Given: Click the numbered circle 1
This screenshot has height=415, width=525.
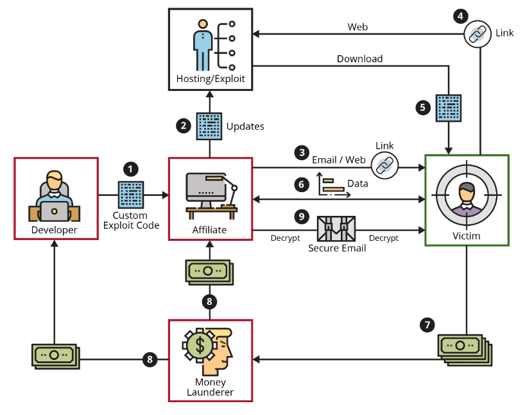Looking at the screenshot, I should pyautogui.click(x=130, y=169).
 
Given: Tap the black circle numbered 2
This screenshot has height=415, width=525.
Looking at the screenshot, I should pyautogui.click(x=184, y=126).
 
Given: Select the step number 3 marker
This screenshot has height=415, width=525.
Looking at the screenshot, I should pyautogui.click(x=302, y=152).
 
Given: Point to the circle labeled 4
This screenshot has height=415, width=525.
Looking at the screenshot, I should pyautogui.click(x=460, y=15).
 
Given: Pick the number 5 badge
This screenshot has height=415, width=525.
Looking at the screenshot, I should pyautogui.click(x=422, y=107).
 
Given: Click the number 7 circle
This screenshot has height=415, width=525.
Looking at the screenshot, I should pyautogui.click(x=428, y=325).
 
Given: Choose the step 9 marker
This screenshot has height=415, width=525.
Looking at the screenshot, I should pyautogui.click(x=302, y=216).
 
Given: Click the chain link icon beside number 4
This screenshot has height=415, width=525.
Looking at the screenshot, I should pyautogui.click(x=478, y=34).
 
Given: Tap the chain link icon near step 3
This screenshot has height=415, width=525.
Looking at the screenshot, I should pyautogui.click(x=384, y=165).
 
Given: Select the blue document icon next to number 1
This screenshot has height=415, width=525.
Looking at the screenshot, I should pyautogui.click(x=131, y=194).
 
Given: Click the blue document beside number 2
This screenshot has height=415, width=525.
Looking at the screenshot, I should pyautogui.click(x=209, y=126).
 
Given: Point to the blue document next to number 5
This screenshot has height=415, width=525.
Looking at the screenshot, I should pyautogui.click(x=449, y=108).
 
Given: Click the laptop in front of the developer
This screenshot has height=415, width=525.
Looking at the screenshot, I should pyautogui.click(x=55, y=209).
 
